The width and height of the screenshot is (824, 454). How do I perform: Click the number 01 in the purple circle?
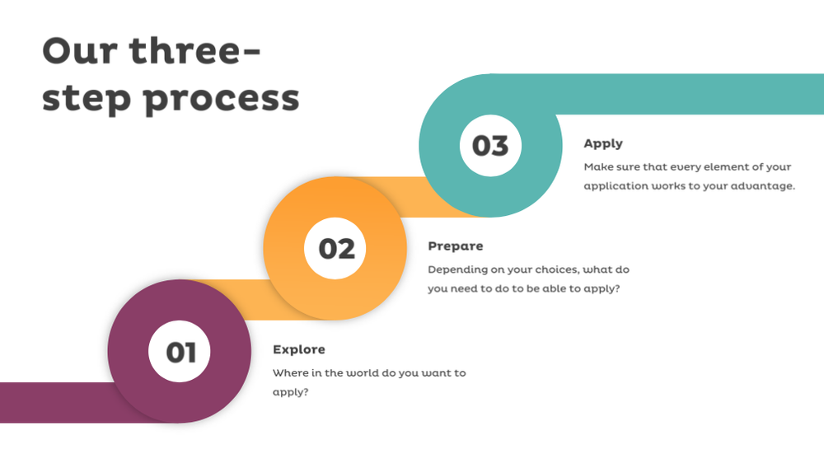180,352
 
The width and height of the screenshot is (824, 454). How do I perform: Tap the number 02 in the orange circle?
336,248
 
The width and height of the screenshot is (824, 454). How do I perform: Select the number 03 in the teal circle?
490,146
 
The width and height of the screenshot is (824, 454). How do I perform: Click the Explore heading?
299,349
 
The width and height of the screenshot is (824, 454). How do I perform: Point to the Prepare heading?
456,246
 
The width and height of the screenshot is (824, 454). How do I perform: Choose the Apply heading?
603,143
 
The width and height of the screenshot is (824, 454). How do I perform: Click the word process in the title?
221,99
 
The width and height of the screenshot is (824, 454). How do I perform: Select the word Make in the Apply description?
598,167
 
